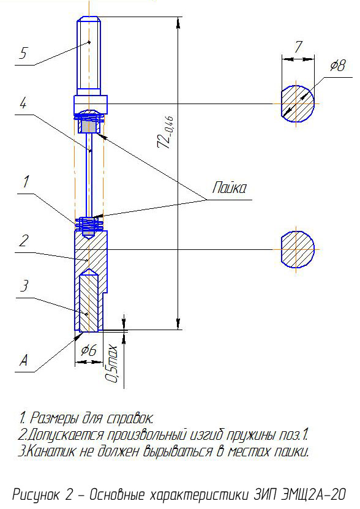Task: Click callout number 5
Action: point(23,53)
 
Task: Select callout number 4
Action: point(23,104)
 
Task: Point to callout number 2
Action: point(23,241)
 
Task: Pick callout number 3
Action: point(24,285)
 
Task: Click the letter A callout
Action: point(24,360)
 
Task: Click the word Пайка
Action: point(230,187)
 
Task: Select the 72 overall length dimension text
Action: point(165,132)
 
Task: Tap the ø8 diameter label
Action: point(337,66)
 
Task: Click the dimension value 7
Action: point(298,47)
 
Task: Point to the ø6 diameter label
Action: point(89,350)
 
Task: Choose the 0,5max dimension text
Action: point(111,364)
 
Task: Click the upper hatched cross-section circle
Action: point(298,104)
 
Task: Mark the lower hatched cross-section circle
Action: point(298,249)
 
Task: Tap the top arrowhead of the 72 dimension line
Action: point(178,23)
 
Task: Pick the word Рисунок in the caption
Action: point(36,495)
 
